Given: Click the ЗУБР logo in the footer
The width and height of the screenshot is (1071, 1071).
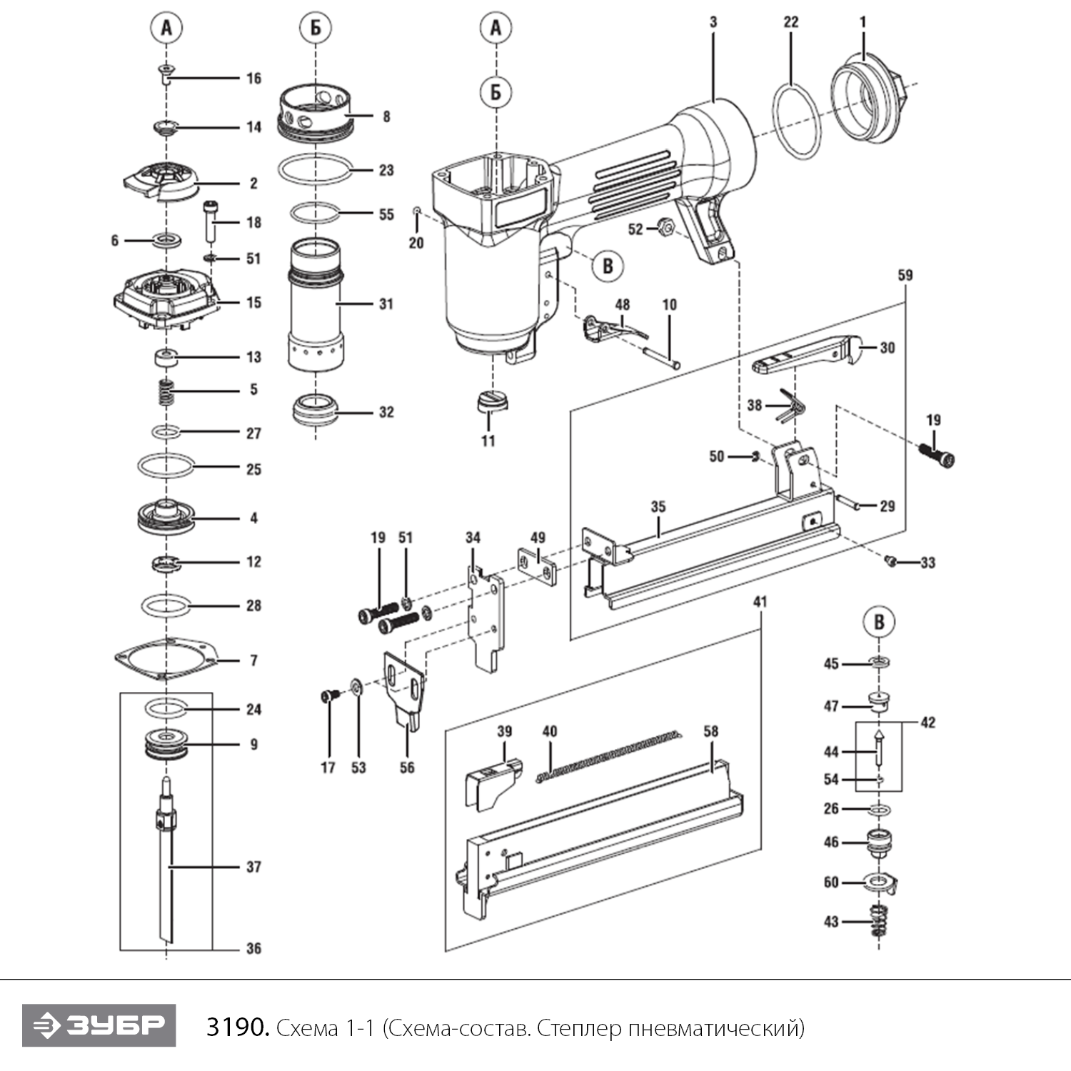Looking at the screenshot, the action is [99, 1025].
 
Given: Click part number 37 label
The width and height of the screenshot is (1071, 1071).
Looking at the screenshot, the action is [253, 867].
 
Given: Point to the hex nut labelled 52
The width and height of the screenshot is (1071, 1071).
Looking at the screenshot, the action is [665, 228].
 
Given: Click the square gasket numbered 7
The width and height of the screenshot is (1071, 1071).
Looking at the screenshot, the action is [166, 658].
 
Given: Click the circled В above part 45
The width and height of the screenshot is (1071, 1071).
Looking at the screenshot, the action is [879, 622].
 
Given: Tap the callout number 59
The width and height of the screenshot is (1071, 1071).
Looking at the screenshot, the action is [905, 275].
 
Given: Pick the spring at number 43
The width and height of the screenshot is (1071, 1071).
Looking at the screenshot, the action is [880, 922].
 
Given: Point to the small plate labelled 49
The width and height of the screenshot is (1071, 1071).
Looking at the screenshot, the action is [536, 566].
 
